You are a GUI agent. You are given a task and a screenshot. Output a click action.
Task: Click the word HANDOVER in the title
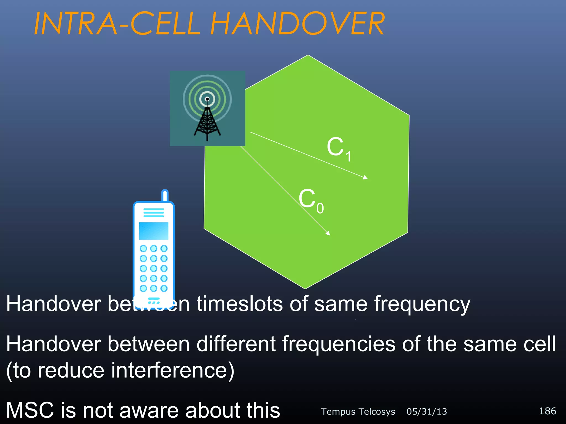tap(297, 24)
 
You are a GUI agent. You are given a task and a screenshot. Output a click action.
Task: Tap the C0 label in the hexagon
tap(310, 200)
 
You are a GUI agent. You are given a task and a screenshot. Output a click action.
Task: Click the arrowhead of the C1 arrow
tap(365, 178)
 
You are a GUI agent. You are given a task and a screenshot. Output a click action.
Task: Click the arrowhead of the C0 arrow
tap(328, 233)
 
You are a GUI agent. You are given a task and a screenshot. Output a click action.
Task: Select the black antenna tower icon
tap(207, 121)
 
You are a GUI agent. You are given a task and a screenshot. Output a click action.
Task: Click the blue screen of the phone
tap(154, 231)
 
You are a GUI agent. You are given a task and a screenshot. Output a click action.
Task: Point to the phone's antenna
tap(165, 195)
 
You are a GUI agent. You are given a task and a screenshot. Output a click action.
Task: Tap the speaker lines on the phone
tap(154, 213)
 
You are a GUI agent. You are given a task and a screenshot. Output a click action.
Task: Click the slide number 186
tap(547, 411)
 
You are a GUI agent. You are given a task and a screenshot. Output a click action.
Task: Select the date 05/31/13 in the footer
tap(426, 412)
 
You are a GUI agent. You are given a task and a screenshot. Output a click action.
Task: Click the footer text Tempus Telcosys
tap(358, 412)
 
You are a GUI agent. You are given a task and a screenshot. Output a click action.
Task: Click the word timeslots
tap(240, 304)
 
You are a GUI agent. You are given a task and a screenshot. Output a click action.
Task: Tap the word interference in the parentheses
tap(169, 370)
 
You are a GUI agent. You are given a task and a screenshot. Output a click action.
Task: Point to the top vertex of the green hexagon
tap(308, 55)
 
